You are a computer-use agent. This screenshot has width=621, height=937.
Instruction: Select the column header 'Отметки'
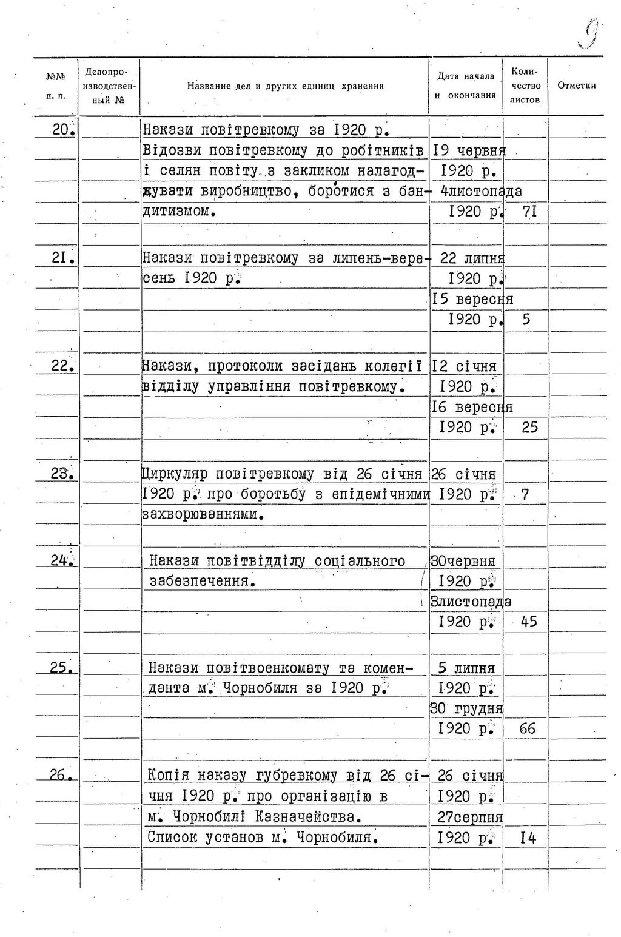[x=576, y=86]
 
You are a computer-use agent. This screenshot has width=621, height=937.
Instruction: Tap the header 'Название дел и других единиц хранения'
[x=285, y=86]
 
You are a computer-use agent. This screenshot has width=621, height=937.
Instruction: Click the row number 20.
[x=62, y=129]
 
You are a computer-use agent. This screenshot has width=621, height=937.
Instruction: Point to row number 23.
[x=62, y=474]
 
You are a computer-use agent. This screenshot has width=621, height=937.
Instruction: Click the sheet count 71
[x=529, y=212]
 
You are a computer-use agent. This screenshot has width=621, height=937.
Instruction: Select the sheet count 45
[x=529, y=622]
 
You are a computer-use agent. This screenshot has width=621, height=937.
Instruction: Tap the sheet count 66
[x=528, y=728]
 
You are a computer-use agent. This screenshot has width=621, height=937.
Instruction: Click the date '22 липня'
[x=472, y=258]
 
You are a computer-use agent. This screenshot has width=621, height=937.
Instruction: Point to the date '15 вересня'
[x=472, y=300]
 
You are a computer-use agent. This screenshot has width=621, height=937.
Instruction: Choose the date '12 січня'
[x=464, y=366]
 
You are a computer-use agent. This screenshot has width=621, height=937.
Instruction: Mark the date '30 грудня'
[x=466, y=708]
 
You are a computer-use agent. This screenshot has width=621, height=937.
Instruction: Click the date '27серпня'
[x=470, y=817]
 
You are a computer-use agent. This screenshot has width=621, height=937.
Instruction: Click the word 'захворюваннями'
[x=203, y=515]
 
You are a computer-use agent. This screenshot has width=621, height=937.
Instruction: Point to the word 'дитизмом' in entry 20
[x=178, y=212]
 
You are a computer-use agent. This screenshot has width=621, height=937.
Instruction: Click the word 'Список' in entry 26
[x=172, y=838]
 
